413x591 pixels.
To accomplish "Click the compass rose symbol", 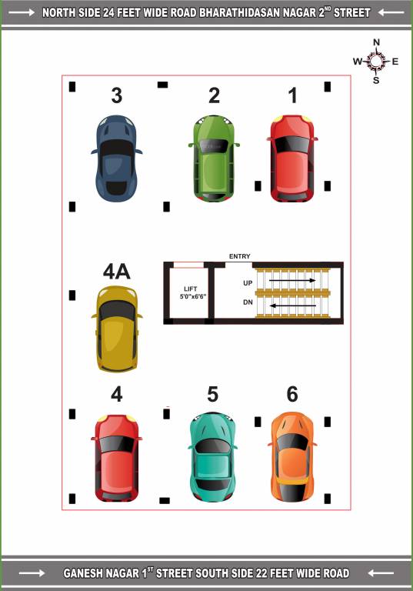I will [x=376, y=61].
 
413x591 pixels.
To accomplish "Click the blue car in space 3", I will [x=116, y=158].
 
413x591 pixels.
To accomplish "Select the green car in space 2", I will [x=214, y=158].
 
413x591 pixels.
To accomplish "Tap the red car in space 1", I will [x=292, y=158].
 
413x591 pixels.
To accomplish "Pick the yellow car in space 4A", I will [x=116, y=329].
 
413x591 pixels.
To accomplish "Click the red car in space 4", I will [x=117, y=457].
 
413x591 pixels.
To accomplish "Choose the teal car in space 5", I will [x=213, y=456].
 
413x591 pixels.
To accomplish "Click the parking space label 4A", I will [x=116, y=272].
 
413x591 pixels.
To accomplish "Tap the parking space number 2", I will [x=214, y=95].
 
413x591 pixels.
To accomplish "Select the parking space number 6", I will [x=292, y=394].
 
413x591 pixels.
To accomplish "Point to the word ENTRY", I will [x=239, y=257].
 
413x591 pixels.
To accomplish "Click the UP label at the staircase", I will [x=248, y=283].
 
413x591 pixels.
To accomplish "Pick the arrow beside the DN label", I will [x=292, y=306].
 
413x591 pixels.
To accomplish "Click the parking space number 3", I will [x=116, y=95].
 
